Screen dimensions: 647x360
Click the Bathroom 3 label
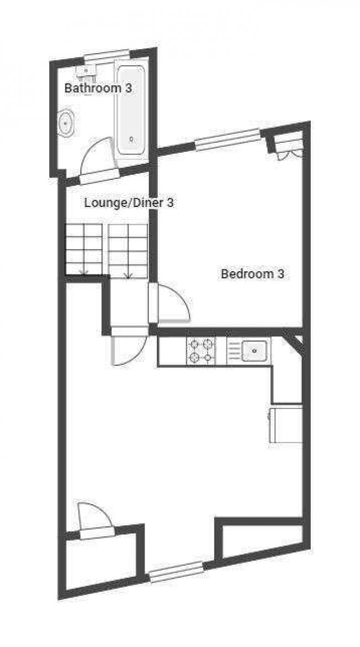pos(98,87)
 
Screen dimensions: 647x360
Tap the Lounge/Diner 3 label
pos(129,203)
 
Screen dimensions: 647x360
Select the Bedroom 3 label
pos(253,273)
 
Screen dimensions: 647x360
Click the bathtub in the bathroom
pos(131,111)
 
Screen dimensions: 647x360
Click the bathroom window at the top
pos(107,54)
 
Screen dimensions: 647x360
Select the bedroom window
pos(228,139)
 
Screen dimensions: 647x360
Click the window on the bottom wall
pos(176,572)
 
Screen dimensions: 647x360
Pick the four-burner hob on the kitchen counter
pos(201,350)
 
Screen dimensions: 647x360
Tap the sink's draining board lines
pos(233,350)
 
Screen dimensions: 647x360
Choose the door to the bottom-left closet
pos(94,520)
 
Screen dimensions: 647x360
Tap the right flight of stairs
pos(128,250)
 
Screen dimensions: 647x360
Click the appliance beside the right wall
pos(286,424)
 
